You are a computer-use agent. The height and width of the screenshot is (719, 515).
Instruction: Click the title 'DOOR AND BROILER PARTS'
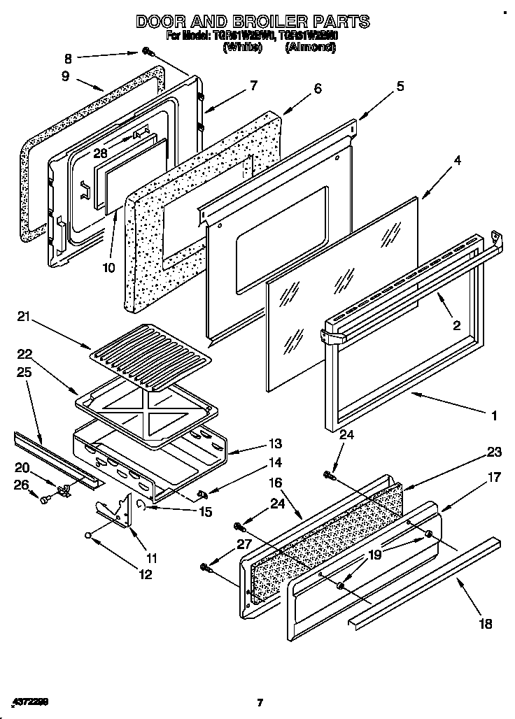click(253, 22)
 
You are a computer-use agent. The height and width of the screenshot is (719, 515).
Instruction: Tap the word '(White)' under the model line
click(243, 48)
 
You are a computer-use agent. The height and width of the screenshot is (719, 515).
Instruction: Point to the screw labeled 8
click(148, 51)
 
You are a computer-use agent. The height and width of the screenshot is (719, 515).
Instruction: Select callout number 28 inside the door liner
click(100, 153)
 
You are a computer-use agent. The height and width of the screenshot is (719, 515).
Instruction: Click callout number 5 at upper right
click(400, 86)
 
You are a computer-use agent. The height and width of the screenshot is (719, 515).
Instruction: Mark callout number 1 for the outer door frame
click(494, 415)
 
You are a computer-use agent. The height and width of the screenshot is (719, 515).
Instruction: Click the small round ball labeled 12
click(90, 535)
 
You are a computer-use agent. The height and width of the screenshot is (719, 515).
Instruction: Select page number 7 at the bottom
click(259, 702)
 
